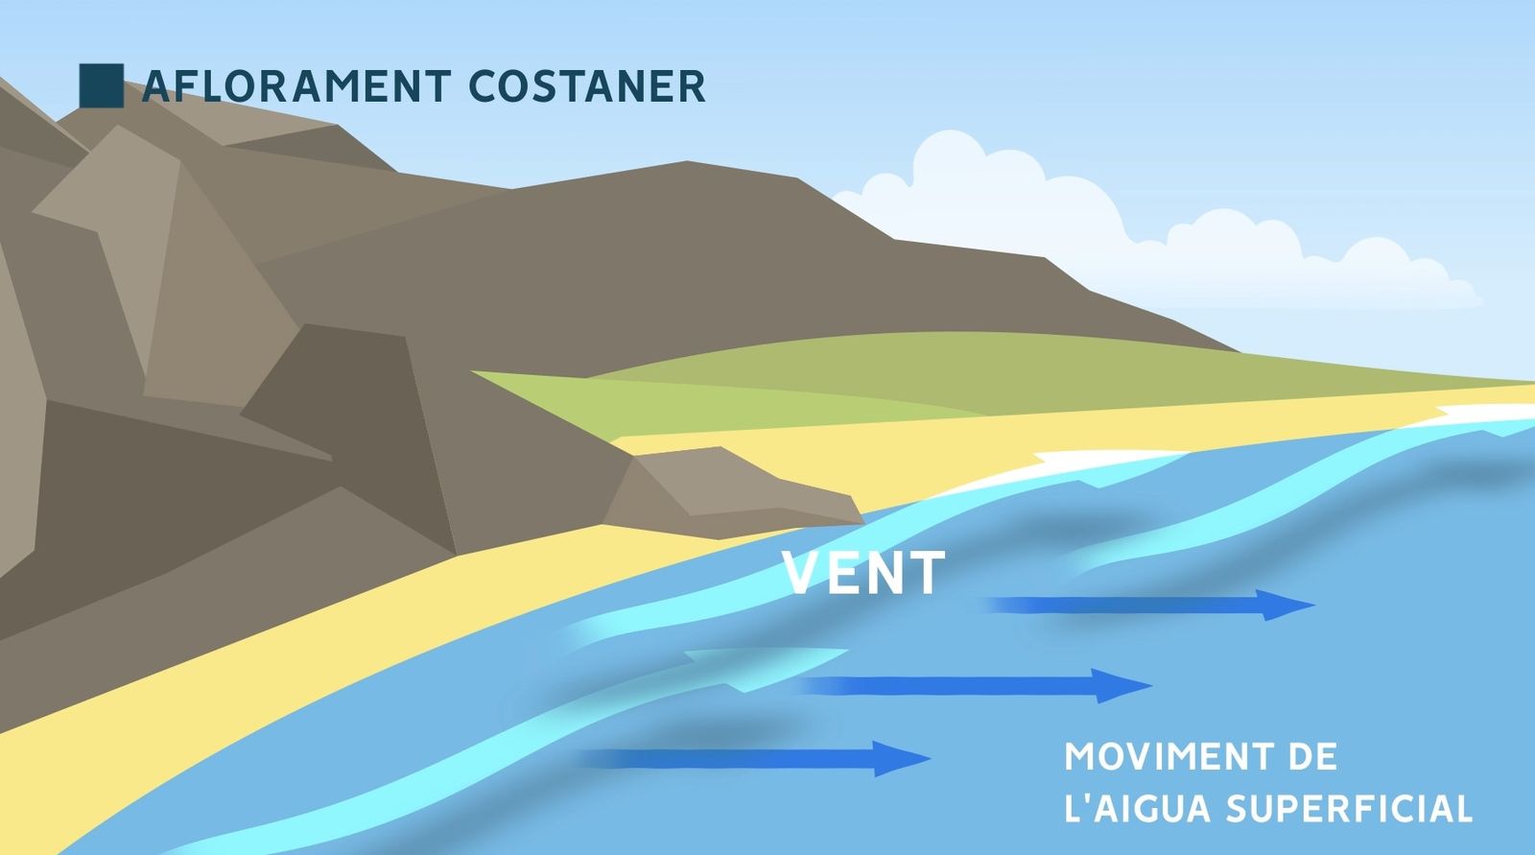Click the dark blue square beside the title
click(x=101, y=85)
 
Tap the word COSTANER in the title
click(x=587, y=86)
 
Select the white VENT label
click(x=863, y=573)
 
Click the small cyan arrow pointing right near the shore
click(x=767, y=662)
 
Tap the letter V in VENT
click(x=801, y=573)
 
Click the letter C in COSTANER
click(x=484, y=86)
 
